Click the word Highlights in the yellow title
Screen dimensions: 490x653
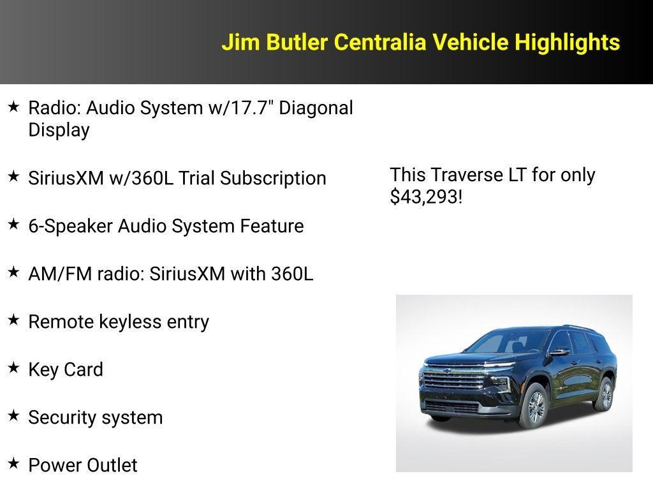pyautogui.click(x=567, y=43)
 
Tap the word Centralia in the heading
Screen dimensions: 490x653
pyautogui.click(x=380, y=43)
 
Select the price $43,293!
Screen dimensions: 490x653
pyautogui.click(x=426, y=197)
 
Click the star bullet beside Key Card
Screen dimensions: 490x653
pyautogui.click(x=13, y=368)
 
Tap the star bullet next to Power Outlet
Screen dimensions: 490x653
pyautogui.click(x=13, y=464)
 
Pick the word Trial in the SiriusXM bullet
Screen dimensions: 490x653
pyautogui.click(x=196, y=178)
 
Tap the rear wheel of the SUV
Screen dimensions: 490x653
pyautogui.click(x=603, y=394)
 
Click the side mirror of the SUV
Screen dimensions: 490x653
pyautogui.click(x=559, y=352)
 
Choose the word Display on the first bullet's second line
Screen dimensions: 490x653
pyautogui.click(x=59, y=130)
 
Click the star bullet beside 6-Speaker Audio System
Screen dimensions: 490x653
pyautogui.click(x=13, y=225)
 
